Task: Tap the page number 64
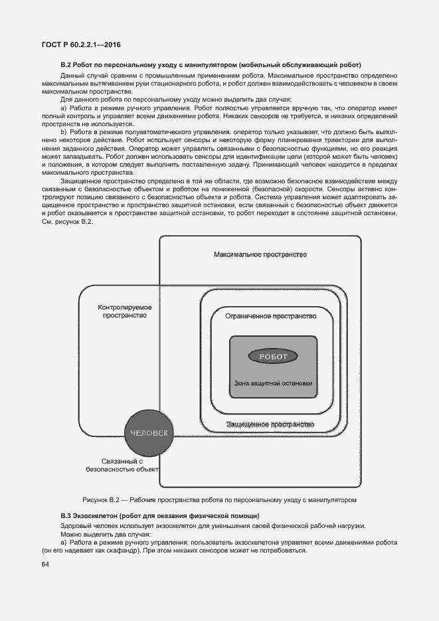pyautogui.click(x=45, y=565)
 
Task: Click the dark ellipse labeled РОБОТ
pyautogui.click(x=273, y=357)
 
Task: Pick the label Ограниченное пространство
pyautogui.click(x=270, y=316)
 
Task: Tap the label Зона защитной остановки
pyautogui.click(x=273, y=383)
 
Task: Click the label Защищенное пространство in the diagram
pyautogui.click(x=270, y=424)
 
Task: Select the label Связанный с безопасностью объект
pyautogui.click(x=124, y=465)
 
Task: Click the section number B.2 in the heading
pyautogui.click(x=66, y=65)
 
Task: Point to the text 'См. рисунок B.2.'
pyautogui.click(x=67, y=221)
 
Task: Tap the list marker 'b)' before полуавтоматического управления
pyautogui.click(x=64, y=132)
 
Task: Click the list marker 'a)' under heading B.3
pyautogui.click(x=64, y=543)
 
